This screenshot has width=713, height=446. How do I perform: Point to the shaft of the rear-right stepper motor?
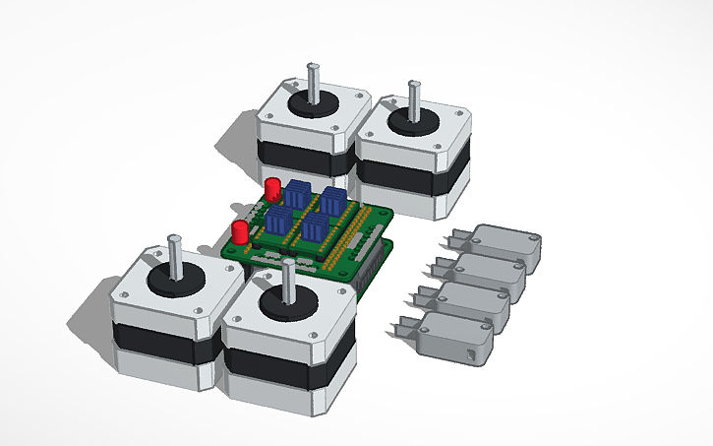(414, 99)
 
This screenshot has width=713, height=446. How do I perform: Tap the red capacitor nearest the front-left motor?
(239, 233)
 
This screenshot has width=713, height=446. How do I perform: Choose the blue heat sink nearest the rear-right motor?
(333, 203)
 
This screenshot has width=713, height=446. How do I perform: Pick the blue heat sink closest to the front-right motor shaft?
(315, 231)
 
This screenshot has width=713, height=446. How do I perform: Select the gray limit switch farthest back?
(506, 245)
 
